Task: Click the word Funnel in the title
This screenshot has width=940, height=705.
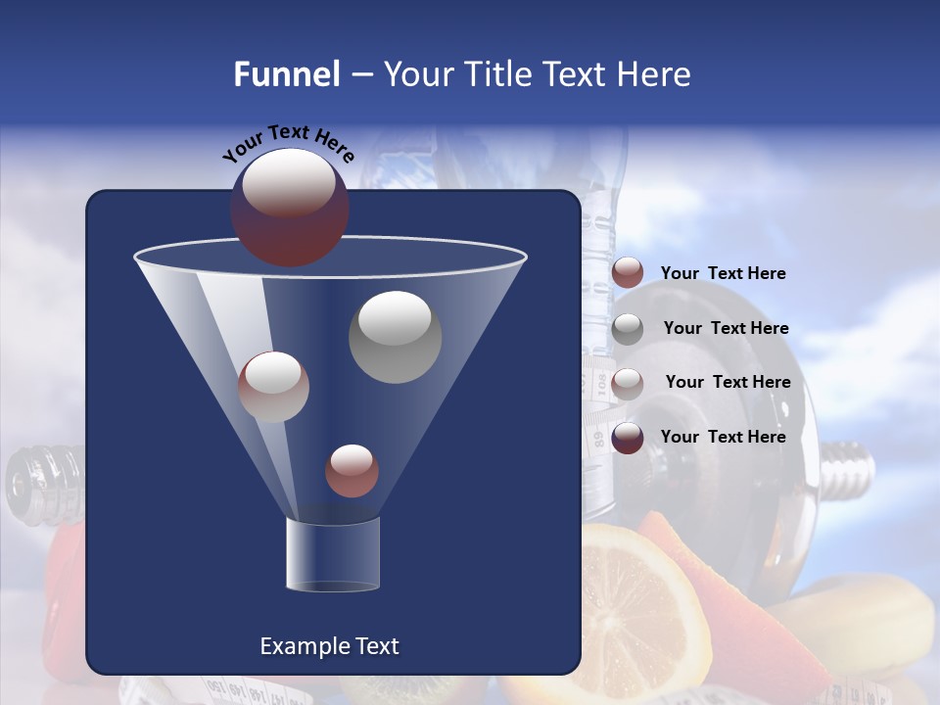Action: click(286, 74)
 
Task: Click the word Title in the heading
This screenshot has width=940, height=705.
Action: click(495, 74)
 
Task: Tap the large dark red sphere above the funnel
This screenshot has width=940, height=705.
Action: click(289, 208)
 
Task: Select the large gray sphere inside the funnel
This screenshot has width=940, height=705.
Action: click(395, 337)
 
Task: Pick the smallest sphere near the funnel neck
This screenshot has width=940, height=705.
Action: click(352, 471)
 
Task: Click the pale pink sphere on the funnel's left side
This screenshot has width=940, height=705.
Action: click(273, 387)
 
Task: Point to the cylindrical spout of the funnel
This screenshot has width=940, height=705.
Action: click(332, 554)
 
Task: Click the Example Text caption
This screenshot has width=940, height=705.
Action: click(329, 646)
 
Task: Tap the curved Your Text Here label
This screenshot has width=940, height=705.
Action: click(288, 143)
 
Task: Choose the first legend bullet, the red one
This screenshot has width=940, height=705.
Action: click(628, 273)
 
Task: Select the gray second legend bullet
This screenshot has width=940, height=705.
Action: click(628, 328)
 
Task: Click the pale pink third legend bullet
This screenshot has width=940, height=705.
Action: click(628, 383)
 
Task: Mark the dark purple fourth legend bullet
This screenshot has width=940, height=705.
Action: click(628, 438)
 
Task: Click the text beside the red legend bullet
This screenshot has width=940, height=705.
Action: click(723, 274)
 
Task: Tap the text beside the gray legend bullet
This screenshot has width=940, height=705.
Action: click(726, 328)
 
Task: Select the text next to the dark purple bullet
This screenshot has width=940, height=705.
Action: click(723, 437)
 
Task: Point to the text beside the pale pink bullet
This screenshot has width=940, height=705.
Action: click(728, 382)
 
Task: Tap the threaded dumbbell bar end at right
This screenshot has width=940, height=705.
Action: click(848, 467)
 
